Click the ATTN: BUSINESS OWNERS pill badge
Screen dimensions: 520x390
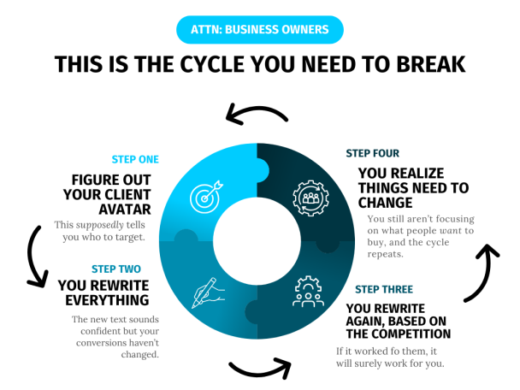[260, 30]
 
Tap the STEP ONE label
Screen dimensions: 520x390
[135, 160]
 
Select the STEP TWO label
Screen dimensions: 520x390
[116, 269]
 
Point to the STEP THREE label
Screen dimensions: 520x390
[384, 290]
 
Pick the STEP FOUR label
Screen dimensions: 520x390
[372, 153]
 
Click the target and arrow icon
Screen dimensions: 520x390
[206, 197]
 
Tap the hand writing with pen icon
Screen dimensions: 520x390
[208, 292]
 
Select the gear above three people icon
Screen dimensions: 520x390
[309, 291]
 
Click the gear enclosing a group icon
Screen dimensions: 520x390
[310, 198]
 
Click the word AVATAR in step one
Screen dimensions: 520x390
[125, 210]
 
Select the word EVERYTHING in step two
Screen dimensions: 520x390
[107, 300]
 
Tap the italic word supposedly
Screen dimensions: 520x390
[100, 225]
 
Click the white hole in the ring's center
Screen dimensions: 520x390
[257, 241]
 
